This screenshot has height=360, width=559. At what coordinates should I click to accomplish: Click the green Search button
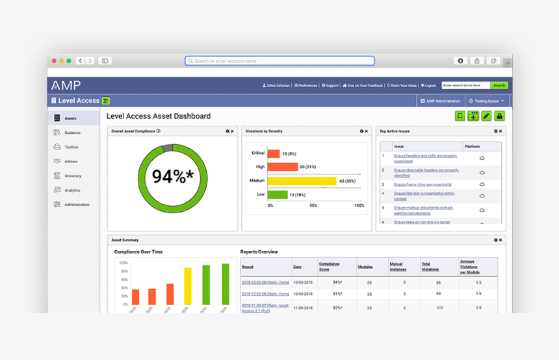pos(499,85)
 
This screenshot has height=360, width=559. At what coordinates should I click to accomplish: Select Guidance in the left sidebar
pos(72,133)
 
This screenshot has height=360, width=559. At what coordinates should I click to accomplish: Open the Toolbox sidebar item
pos(71,147)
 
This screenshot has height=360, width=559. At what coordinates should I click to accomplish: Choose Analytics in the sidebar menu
pos(72,190)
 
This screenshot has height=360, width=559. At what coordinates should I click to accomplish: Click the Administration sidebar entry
pos(77,205)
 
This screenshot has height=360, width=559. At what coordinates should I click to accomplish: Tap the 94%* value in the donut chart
pos(172,176)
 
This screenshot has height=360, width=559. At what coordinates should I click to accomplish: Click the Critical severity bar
pos(274,153)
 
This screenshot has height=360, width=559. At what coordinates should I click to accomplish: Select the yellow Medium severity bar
pos(302,181)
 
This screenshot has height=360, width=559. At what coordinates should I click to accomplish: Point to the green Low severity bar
pos(278,194)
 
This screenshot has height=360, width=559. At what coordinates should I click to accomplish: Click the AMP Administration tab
pos(441,101)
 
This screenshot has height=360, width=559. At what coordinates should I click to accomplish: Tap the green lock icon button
pos(499,116)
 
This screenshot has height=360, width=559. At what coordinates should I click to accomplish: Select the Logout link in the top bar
pos(428,85)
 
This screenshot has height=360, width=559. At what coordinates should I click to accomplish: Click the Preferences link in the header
pos(305,85)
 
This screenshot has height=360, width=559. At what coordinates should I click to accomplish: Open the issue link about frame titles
pos(422,185)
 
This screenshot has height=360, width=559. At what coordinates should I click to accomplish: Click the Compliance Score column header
pos(329,266)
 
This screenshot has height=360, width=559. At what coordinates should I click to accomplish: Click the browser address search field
pos(279,61)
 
